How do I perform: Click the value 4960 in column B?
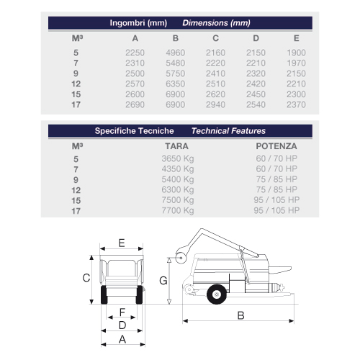175,53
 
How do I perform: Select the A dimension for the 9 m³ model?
135,73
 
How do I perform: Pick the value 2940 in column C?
215,104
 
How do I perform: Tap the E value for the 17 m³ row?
296,104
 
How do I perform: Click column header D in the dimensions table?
256,38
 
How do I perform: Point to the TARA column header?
176,146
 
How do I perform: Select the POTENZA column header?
276,146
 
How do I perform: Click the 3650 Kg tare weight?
178,159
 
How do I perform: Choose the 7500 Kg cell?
178,200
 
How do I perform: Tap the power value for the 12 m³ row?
276,189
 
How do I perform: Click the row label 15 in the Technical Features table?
76,201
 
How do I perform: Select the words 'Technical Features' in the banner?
228,131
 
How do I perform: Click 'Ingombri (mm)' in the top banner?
138,23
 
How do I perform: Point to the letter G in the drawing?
163,281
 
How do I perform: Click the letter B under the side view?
240,315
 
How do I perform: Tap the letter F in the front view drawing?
122,312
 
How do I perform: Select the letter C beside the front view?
86,278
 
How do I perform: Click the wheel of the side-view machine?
217,294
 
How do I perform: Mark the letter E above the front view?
122,243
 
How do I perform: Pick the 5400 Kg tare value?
178,179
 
